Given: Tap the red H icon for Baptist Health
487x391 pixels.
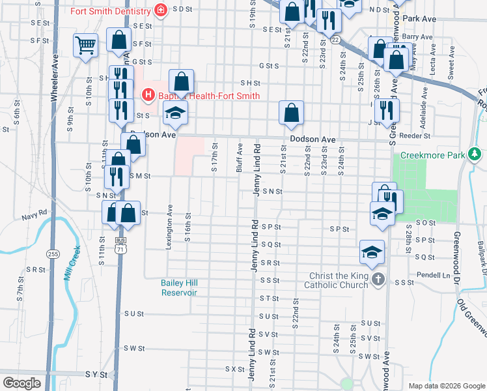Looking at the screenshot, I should click(x=148, y=96).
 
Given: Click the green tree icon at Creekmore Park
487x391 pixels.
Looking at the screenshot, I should click(x=475, y=154).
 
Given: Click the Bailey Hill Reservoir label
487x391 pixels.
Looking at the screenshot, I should click(x=179, y=287).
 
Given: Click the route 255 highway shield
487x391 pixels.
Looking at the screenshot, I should click(x=53, y=253).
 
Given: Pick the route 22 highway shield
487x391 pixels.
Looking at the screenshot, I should click(x=335, y=40).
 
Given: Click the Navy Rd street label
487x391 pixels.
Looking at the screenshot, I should click(x=35, y=213).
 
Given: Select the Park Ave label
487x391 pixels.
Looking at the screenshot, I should click(x=419, y=20).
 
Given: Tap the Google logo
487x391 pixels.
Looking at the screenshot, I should click(x=21, y=383).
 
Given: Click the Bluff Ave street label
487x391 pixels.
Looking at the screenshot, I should click(x=240, y=158).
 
